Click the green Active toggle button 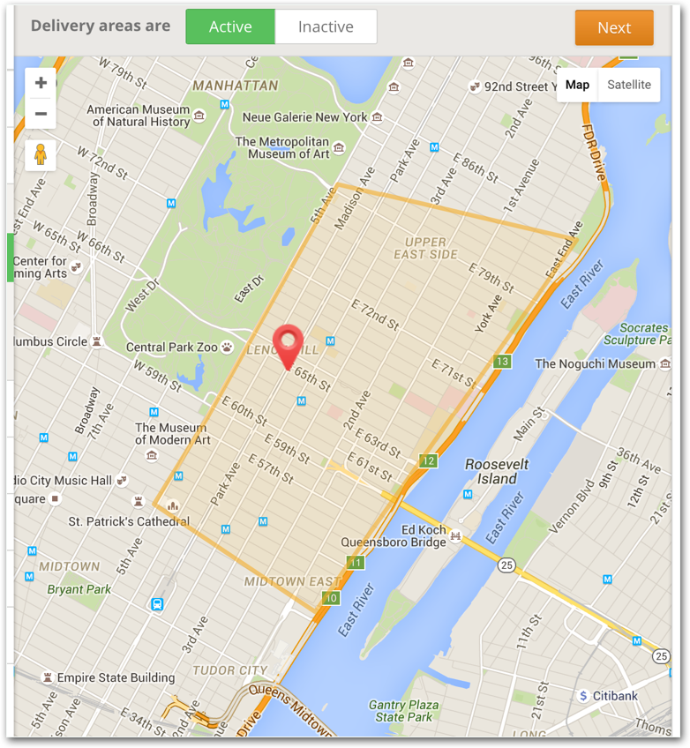(230, 27)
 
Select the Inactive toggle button (326, 27)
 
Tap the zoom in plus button (41, 84)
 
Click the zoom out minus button (41, 114)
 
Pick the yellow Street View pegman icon (41, 155)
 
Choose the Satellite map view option (628, 85)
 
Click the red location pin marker (288, 344)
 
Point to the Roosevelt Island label (497, 471)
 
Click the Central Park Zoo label (171, 347)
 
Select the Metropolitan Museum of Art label (282, 147)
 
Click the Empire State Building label (115, 677)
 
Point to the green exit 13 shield (503, 362)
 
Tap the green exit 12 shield (429, 460)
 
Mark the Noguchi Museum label (595, 363)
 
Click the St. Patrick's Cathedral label (129, 521)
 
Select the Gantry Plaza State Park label (404, 710)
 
